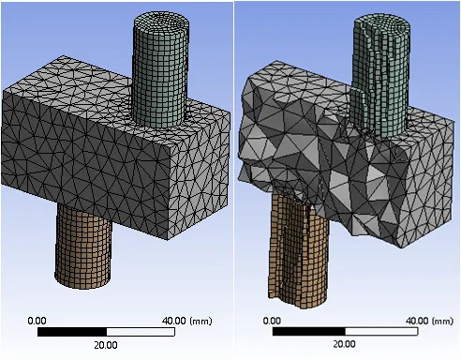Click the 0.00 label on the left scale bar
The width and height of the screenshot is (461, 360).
(x=37, y=321)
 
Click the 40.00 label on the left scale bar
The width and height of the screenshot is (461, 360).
(x=174, y=321)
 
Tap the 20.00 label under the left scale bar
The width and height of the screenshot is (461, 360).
(x=106, y=345)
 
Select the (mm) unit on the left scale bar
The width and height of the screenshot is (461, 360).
(x=201, y=321)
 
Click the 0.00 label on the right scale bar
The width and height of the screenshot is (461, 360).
(x=272, y=321)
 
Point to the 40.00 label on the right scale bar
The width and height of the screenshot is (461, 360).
(x=417, y=321)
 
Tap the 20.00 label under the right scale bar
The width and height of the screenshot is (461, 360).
(x=344, y=344)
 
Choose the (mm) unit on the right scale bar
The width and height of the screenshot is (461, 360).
(x=443, y=321)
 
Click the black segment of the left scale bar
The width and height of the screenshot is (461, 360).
(x=72, y=332)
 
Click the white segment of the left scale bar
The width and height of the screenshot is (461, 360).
(x=141, y=332)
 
